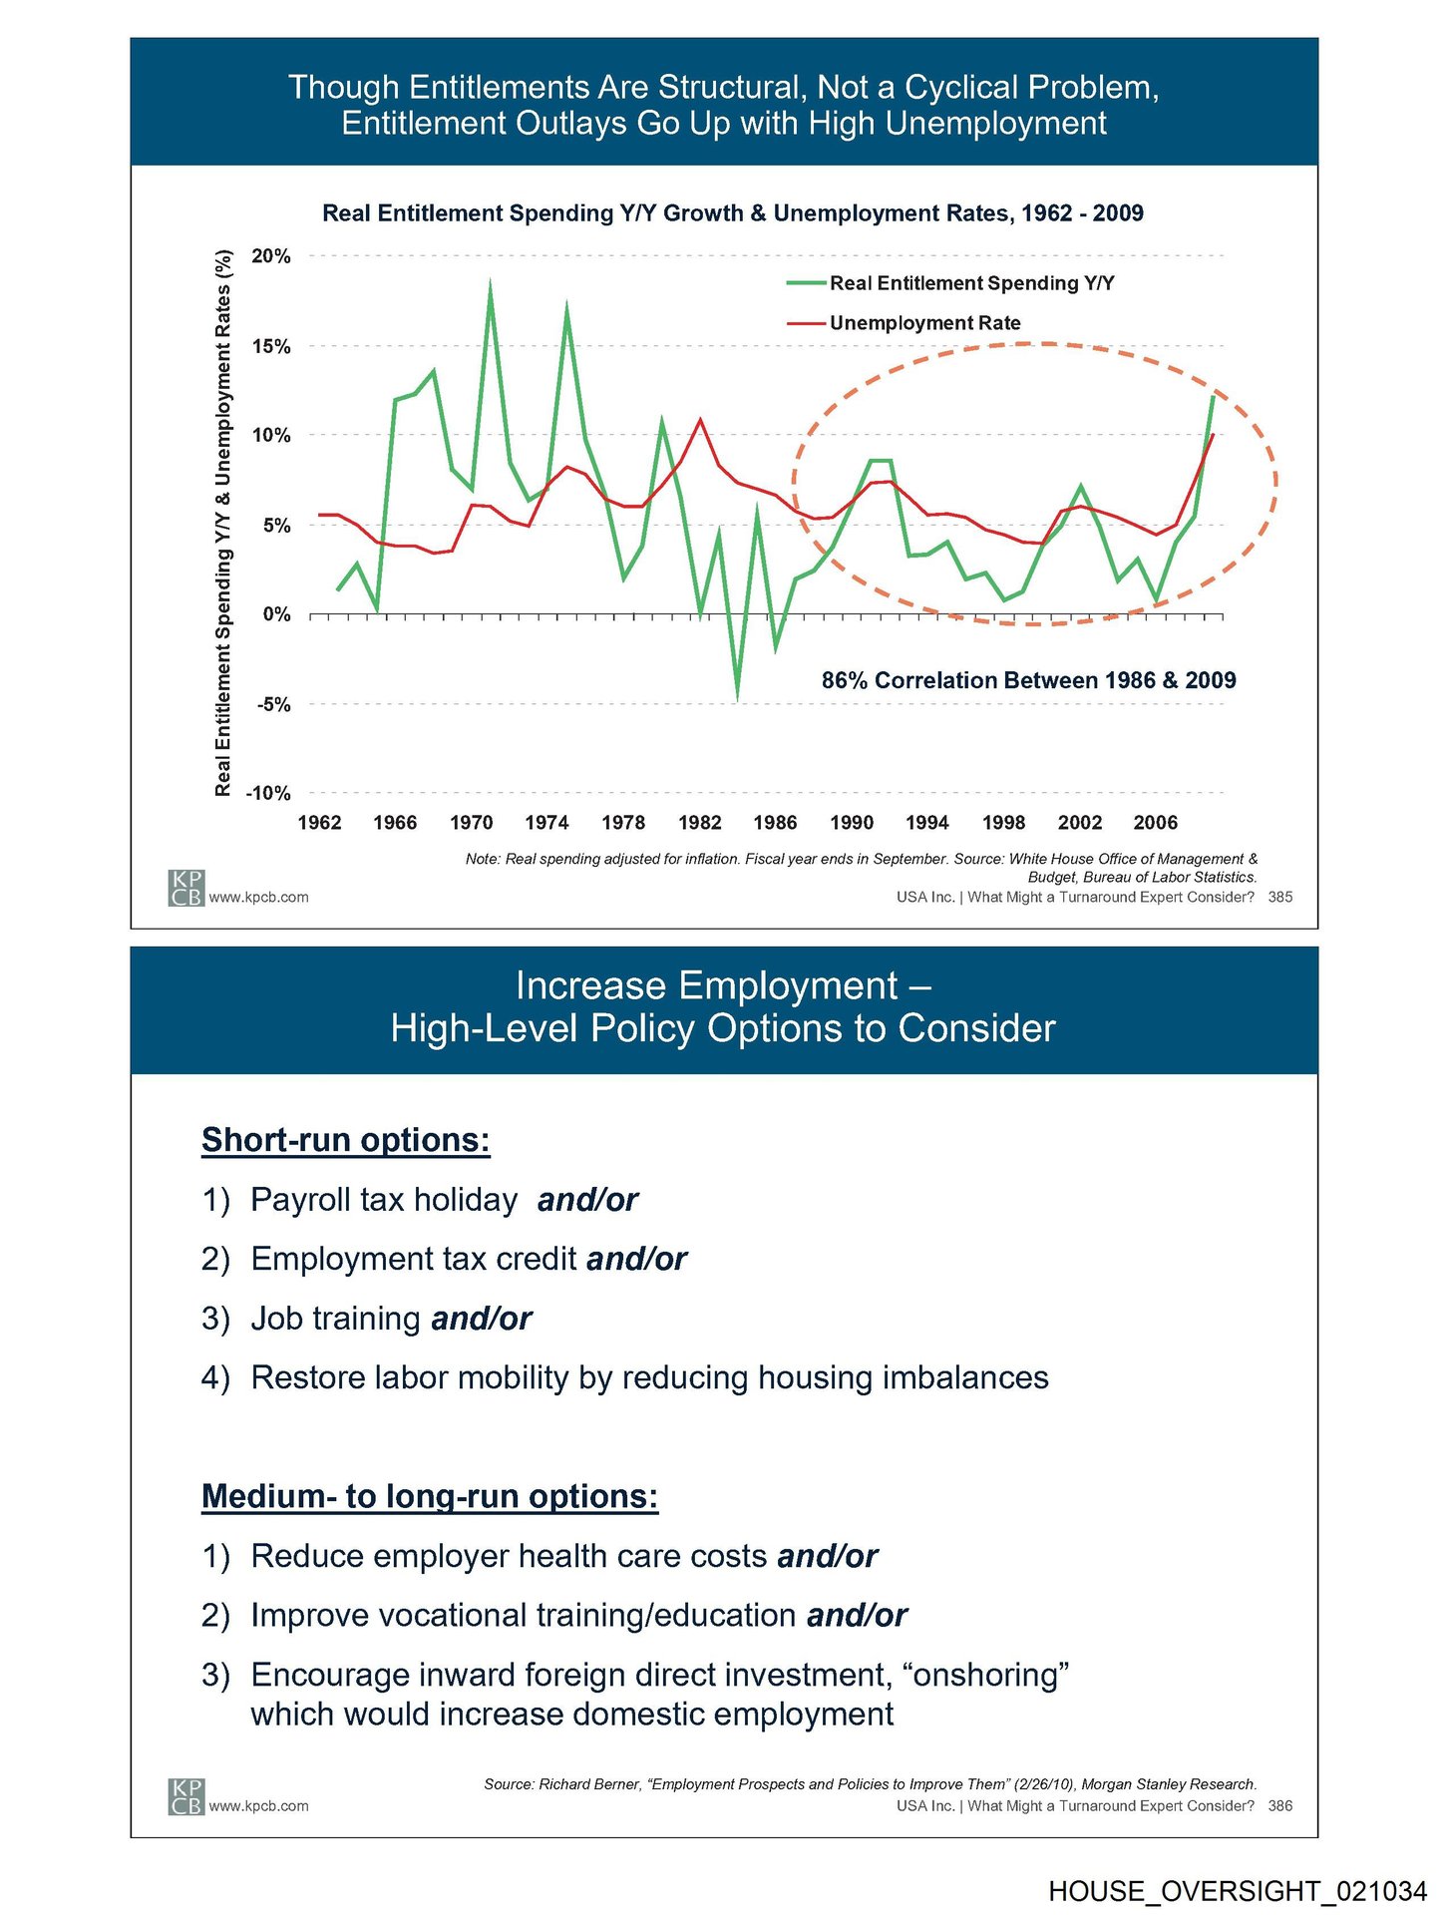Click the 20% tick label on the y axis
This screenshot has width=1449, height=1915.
pos(270,256)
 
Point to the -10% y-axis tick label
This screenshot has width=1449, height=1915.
pos(268,794)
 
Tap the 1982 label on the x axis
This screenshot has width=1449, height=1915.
pos(699,823)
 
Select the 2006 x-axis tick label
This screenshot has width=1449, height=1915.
pos(1155,823)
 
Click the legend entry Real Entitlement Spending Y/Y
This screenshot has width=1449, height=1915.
pos(971,283)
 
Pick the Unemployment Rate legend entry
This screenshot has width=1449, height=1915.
pos(924,323)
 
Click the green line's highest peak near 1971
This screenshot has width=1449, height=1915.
pos(490,283)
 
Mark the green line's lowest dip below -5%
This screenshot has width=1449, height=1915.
pos(738,698)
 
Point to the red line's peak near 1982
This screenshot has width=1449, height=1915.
pos(701,419)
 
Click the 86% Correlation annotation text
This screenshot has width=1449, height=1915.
pos(1028,680)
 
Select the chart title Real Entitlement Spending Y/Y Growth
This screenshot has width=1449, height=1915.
pos(732,213)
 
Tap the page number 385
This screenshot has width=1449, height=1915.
pos(1279,898)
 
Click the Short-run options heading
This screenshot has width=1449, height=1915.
pos(345,1140)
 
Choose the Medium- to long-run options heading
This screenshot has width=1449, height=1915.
pos(430,1496)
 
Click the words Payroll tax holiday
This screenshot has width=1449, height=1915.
pos(384,1199)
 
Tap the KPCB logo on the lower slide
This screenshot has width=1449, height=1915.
pos(185,1796)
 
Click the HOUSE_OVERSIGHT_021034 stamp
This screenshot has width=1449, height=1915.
pos(1237,1891)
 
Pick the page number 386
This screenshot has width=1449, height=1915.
pos(1279,1806)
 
